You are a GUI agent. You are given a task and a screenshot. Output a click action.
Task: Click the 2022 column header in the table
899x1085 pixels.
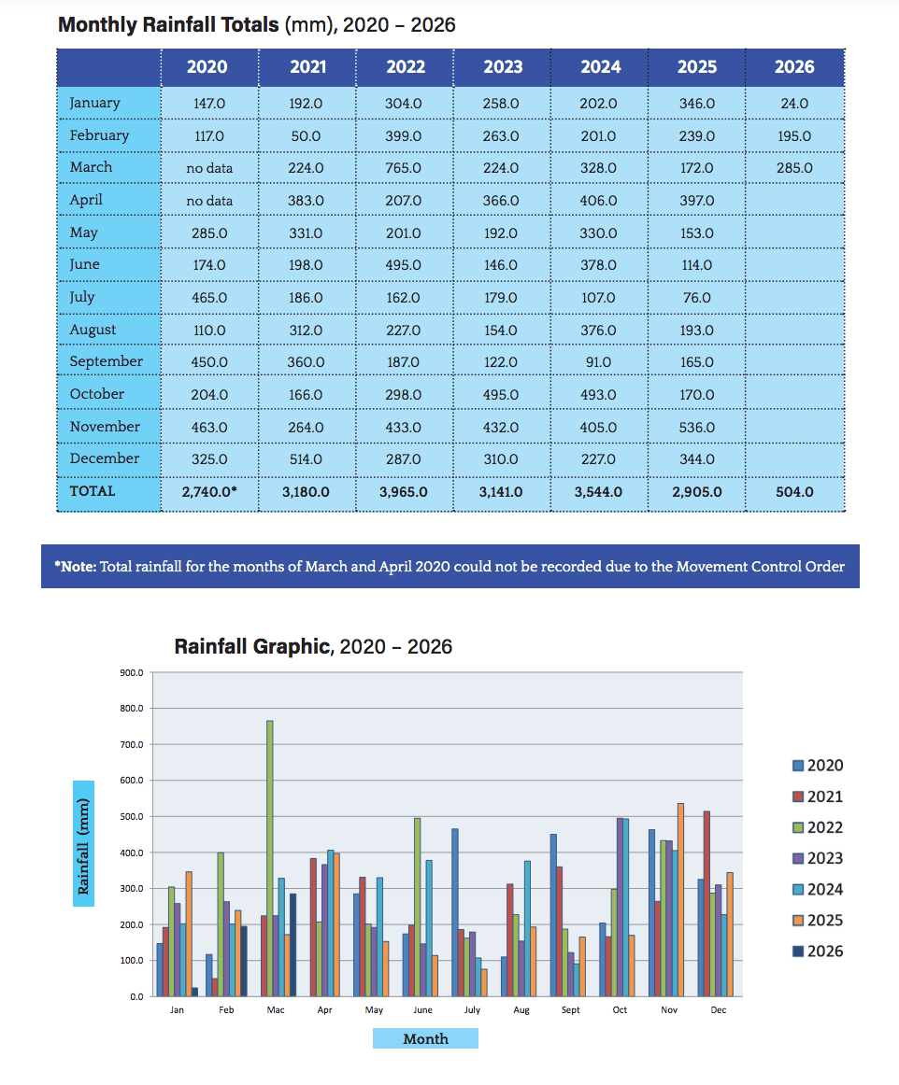pos(406,67)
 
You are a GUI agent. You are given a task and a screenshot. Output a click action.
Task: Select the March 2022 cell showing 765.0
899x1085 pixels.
pos(403,168)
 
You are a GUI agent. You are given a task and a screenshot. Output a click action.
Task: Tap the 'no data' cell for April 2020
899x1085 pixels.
pos(209,201)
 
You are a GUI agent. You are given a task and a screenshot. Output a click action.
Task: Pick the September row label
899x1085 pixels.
pos(106,361)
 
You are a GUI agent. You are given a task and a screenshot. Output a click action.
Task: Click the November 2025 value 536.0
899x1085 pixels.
pos(697,428)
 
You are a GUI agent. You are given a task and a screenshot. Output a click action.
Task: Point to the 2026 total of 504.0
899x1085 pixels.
pos(794,492)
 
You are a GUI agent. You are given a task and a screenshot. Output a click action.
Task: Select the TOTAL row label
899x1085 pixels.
pos(93,491)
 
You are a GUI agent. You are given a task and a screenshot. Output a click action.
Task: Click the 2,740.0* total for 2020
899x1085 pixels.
pos(209,492)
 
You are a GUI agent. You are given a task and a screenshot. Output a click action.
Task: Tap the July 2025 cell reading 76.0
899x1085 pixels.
pos(697,298)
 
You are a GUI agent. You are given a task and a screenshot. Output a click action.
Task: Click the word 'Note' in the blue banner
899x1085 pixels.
pos(78,567)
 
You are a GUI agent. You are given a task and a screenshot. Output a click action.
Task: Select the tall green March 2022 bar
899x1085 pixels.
pos(269,858)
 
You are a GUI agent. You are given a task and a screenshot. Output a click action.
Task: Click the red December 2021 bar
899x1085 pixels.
pos(706,904)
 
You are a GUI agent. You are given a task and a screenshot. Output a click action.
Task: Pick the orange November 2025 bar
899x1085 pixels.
pos(680,899)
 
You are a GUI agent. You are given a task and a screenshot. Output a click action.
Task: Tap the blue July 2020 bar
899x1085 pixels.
pos(455,912)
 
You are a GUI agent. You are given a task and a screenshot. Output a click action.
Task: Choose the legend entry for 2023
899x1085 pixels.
pos(818,859)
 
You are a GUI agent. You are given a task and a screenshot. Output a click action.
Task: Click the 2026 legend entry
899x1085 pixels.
pos(818,951)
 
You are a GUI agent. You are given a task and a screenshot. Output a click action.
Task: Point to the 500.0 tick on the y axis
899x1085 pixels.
pos(132,816)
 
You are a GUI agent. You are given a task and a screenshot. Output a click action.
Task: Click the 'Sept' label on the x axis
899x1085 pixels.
pos(571,1010)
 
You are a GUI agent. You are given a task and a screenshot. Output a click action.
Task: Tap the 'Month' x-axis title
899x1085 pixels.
pos(426,1038)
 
